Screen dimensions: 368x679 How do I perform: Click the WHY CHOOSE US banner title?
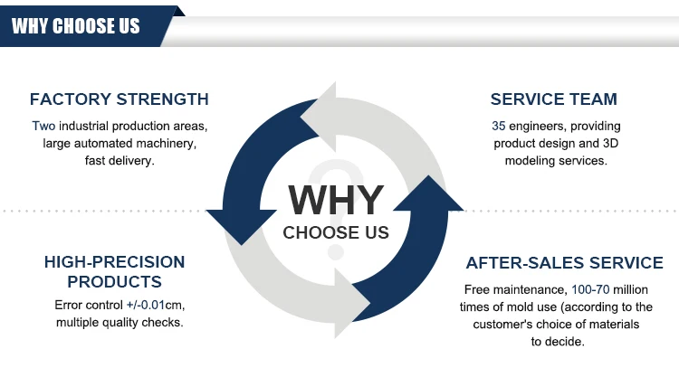[76, 25]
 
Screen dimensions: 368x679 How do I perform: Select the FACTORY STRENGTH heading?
[119, 99]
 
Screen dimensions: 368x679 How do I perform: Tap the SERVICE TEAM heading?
[554, 99]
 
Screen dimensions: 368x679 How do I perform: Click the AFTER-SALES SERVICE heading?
[564, 263]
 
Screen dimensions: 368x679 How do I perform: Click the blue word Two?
[43, 126]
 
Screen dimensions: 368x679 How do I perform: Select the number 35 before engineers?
[499, 126]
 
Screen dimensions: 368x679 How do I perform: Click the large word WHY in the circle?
[336, 200]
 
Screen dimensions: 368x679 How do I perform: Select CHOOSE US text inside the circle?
[336, 232]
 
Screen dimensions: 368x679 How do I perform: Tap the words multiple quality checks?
[120, 323]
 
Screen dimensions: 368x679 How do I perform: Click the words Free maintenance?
[515, 290]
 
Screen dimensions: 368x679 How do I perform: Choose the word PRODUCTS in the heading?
[114, 281]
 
